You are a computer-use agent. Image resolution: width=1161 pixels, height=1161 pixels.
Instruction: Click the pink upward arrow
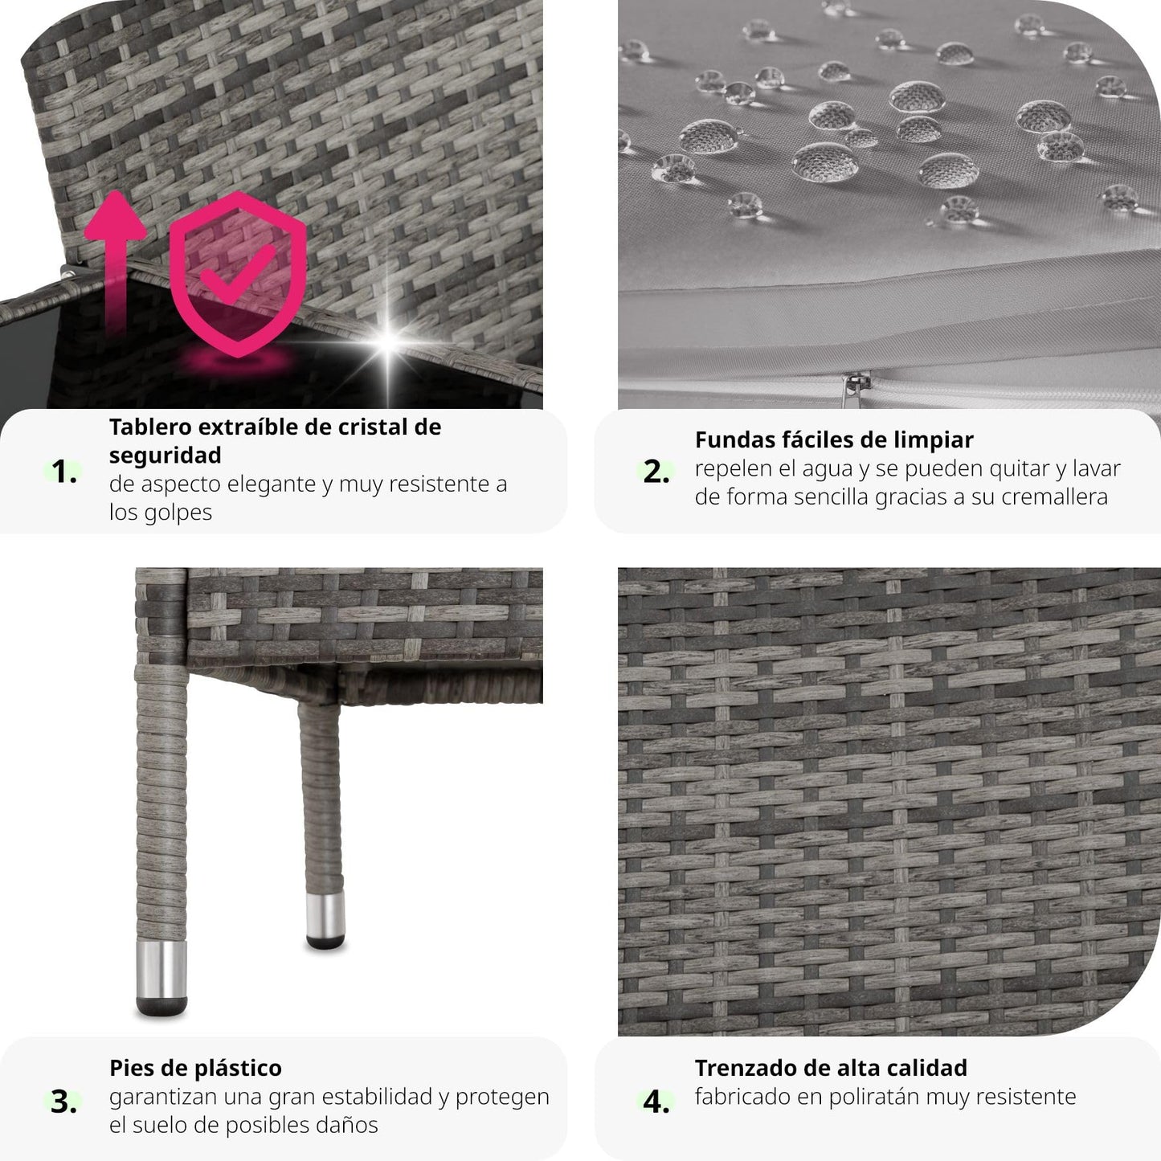(115, 259)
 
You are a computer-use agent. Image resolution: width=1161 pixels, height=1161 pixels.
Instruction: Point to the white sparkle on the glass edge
(389, 341)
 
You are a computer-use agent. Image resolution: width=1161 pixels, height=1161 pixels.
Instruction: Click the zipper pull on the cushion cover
(849, 389)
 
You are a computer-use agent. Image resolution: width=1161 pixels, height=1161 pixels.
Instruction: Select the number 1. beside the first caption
(63, 471)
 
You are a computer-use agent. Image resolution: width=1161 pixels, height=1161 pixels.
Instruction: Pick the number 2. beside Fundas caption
(656, 471)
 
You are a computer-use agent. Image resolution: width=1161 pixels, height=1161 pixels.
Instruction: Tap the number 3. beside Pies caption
(63, 1102)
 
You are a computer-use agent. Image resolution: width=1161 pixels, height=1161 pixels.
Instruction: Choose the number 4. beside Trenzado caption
(656, 1102)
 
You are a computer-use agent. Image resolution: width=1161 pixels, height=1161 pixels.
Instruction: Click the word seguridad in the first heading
(165, 456)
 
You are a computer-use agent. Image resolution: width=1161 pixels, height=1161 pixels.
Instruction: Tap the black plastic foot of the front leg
(161, 1007)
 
